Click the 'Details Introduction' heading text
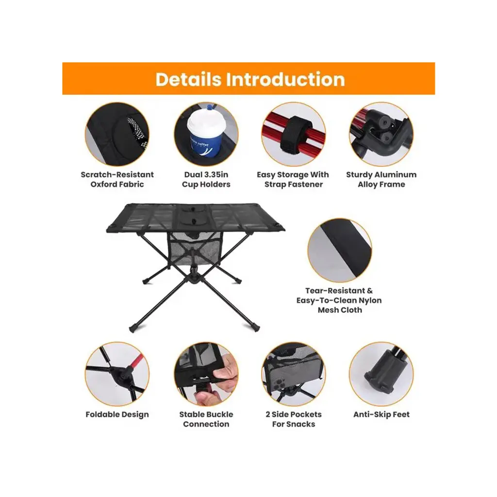(250, 79)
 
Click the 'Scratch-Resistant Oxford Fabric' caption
(117, 180)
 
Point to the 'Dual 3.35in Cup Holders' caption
(206, 180)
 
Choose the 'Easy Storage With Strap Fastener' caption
(293, 180)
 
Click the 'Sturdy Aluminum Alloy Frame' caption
(381, 180)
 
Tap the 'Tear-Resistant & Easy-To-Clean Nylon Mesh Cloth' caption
(339, 300)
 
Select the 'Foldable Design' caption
(117, 414)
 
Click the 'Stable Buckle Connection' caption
(206, 419)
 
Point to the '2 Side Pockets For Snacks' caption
(294, 419)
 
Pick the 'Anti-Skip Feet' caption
(381, 414)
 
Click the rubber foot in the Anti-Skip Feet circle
(380, 377)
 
